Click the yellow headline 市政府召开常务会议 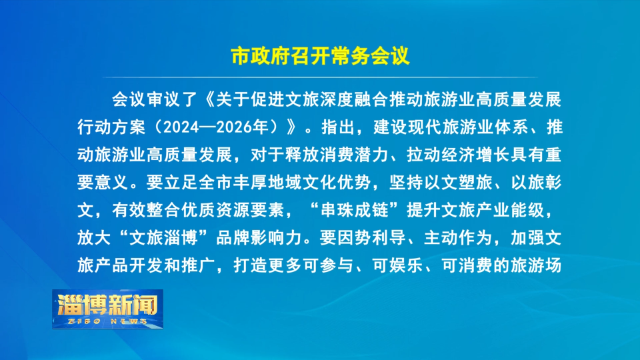tap(320, 56)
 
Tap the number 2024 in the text tap(181, 127)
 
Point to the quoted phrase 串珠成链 tap(354, 210)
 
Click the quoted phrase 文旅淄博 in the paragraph tap(164, 238)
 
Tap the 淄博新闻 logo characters tap(108, 304)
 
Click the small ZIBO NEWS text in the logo tap(108, 321)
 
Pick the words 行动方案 tap(111, 127)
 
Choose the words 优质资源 tap(215, 210)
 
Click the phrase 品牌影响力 tap(259, 238)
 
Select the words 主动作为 tap(458, 238)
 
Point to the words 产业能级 tap(510, 210)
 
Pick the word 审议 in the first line tap(163, 99)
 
